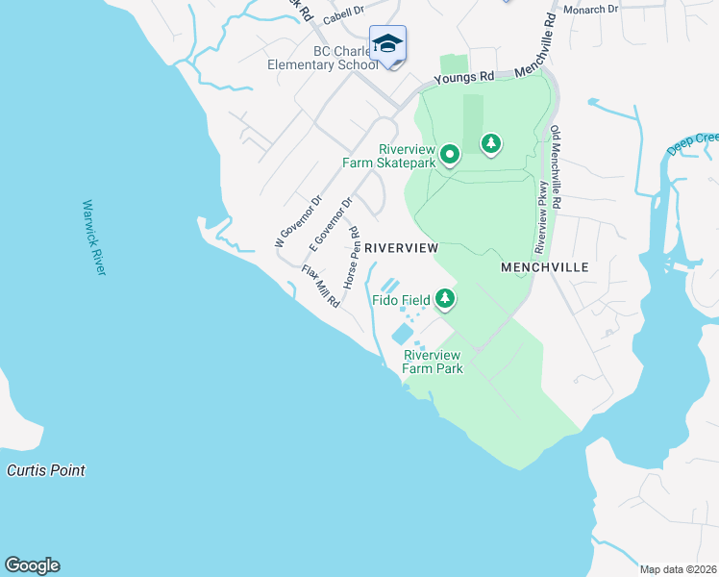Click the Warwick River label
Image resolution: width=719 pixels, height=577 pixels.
point(94,238)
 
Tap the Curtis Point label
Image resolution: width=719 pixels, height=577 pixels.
point(45,470)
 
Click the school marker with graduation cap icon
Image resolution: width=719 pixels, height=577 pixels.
point(387,44)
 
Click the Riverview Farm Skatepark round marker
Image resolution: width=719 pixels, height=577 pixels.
point(449,154)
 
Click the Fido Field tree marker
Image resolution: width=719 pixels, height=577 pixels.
point(444,299)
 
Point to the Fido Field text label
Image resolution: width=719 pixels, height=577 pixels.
point(402,300)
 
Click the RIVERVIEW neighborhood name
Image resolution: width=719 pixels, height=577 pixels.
point(402,247)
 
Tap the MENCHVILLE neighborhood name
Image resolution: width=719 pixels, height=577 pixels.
point(544,266)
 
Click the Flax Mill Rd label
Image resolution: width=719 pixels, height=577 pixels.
point(321,286)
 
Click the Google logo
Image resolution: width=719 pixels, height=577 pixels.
point(32,565)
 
